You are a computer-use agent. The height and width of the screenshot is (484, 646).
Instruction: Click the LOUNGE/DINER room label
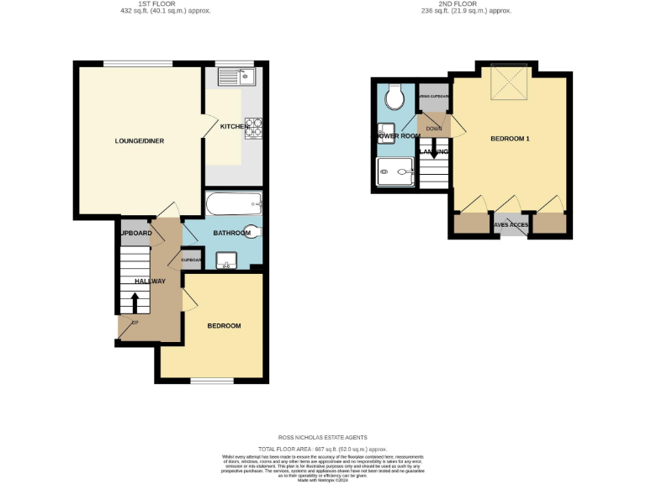tap(140, 140)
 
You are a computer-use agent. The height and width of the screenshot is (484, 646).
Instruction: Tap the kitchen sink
tap(236, 78)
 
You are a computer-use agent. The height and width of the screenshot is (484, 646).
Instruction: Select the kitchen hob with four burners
tap(255, 127)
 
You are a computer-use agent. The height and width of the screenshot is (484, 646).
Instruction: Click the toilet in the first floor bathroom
tap(253, 233)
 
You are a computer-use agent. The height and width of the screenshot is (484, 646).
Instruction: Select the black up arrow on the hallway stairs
tap(135, 301)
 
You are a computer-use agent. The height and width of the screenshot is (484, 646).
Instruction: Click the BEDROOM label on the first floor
tap(225, 326)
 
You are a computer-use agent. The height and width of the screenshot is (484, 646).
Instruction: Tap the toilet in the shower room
tap(394, 99)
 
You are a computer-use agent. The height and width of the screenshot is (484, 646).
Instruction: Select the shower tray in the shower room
tap(395, 173)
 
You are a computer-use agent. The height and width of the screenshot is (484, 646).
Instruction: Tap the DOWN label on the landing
tap(434, 129)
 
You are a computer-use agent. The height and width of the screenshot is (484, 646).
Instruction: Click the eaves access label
tap(511, 225)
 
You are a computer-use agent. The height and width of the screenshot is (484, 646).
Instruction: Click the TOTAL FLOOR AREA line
tap(323, 450)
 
